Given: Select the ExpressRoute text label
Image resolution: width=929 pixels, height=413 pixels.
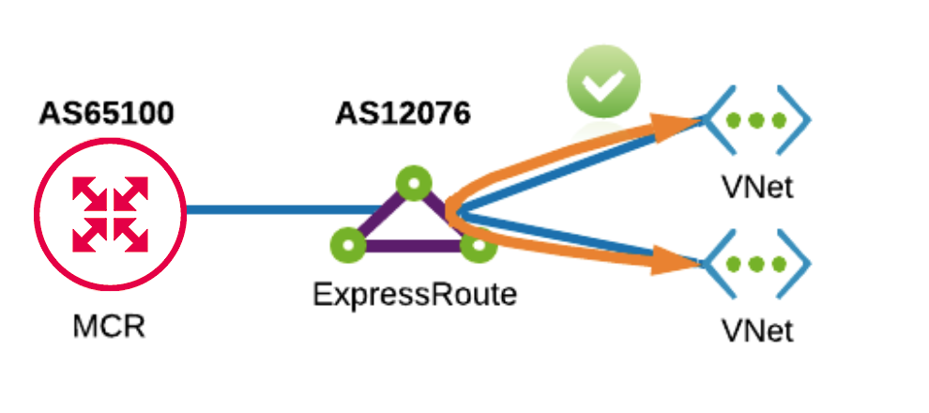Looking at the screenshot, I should [x=414, y=295].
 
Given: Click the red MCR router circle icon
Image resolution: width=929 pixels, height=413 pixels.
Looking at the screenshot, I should [x=110, y=213].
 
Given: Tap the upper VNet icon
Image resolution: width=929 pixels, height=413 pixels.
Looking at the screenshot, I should [x=756, y=121].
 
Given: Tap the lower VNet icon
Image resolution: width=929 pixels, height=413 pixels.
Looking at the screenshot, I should [x=756, y=265].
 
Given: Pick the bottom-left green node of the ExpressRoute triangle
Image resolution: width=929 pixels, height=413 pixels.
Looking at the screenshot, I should [x=348, y=246].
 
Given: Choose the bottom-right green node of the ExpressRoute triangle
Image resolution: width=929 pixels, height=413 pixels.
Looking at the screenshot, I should [x=478, y=246].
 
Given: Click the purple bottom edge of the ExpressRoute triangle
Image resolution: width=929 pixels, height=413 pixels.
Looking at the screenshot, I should [x=413, y=247].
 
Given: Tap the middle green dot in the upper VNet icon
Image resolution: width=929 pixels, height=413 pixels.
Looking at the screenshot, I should [x=756, y=121].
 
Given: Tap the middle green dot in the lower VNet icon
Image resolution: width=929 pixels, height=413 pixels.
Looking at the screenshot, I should [x=756, y=265].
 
